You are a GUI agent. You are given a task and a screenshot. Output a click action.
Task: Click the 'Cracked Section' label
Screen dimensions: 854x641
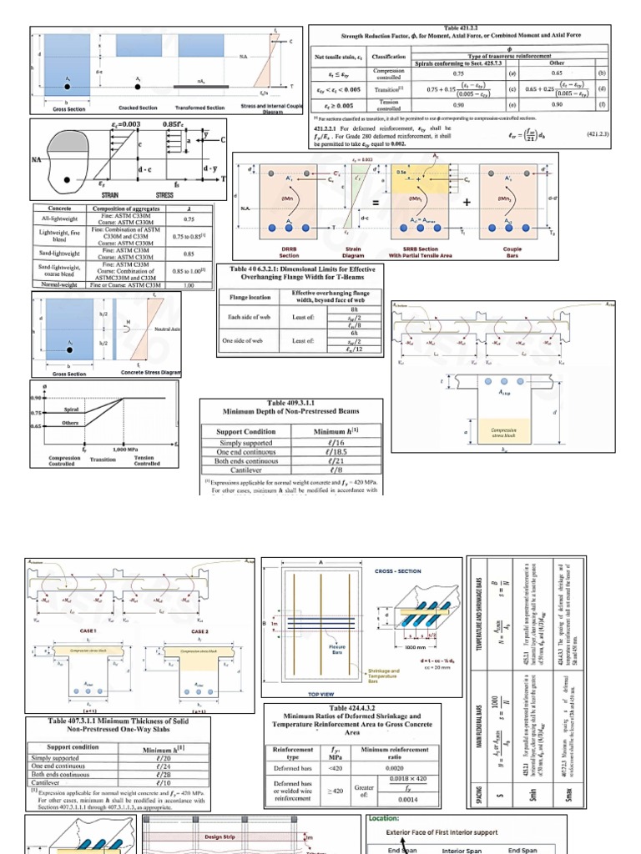pyautogui.click(x=137, y=108)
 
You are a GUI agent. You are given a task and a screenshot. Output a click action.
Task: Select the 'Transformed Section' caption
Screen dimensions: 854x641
pyautogui.click(x=199, y=108)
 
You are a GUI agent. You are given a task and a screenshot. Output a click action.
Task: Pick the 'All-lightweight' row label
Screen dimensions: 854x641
pyautogui.click(x=58, y=218)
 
